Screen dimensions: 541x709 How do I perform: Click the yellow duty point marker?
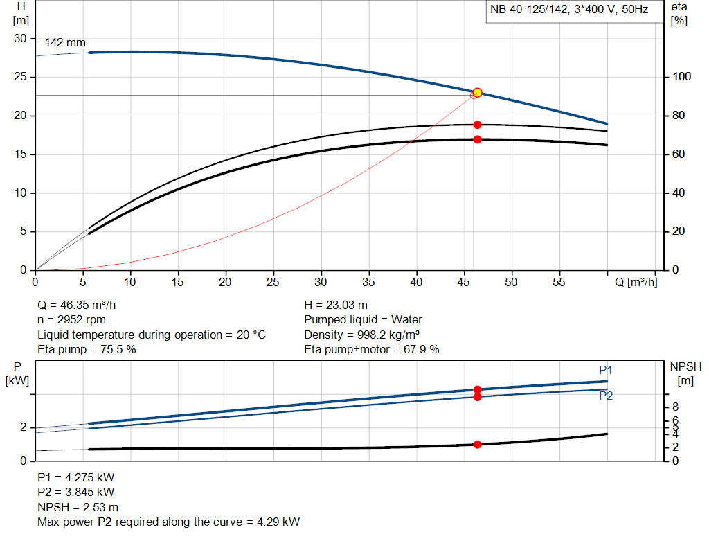coord(477,93)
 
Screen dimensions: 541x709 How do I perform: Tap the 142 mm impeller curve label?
coord(65,43)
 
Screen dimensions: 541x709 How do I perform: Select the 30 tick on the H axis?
coord(21,38)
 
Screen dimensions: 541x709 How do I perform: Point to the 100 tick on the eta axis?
coord(680,77)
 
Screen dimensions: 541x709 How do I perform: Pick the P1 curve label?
coord(606,370)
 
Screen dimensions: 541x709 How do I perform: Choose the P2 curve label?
coord(606,396)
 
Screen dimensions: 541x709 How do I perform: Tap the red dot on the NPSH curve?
coord(477,444)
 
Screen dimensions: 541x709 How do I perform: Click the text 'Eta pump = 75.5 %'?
coord(87,350)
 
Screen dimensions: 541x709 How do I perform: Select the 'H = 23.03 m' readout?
coord(337,305)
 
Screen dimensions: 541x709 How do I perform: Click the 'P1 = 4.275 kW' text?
coord(75,477)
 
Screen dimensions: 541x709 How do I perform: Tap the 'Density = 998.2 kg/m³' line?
coord(361,335)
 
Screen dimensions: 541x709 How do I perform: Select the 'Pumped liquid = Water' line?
coord(363,320)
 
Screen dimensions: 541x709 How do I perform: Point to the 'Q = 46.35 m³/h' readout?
coord(82,305)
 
